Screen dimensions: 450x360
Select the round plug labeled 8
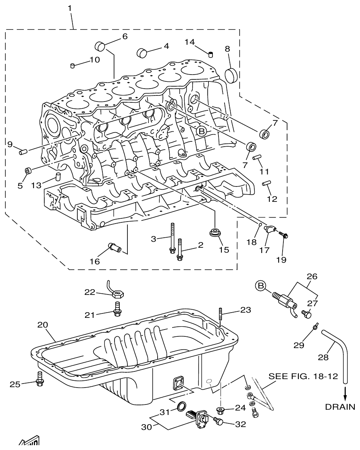tap(231, 75)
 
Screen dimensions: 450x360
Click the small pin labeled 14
tap(210, 54)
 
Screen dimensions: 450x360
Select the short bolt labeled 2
tap(180, 250)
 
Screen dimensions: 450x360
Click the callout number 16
tap(94, 261)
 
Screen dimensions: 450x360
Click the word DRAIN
tap(340, 407)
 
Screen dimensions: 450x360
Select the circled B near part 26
tap(261, 286)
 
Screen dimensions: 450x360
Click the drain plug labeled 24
tap(220, 411)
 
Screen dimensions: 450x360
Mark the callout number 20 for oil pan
tap(43, 325)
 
